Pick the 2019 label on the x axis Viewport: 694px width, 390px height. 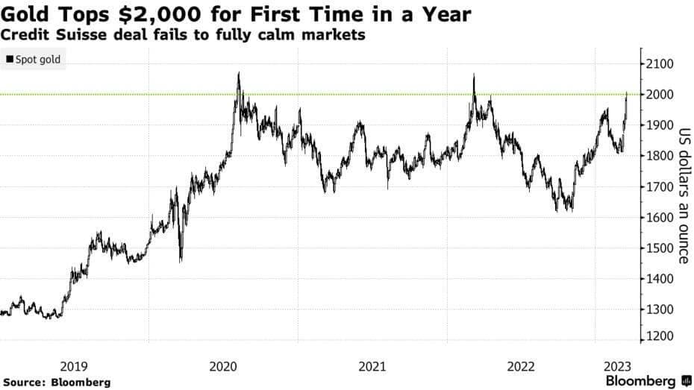pos(74,366)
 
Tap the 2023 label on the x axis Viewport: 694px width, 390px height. pos(618,366)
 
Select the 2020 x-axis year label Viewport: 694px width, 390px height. pos(223,366)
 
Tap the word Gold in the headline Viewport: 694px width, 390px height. pos(25,14)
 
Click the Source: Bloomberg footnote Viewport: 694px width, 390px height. pos(56,382)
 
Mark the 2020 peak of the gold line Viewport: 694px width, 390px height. pos(238,73)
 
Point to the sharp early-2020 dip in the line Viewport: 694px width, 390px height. pos(181,260)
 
